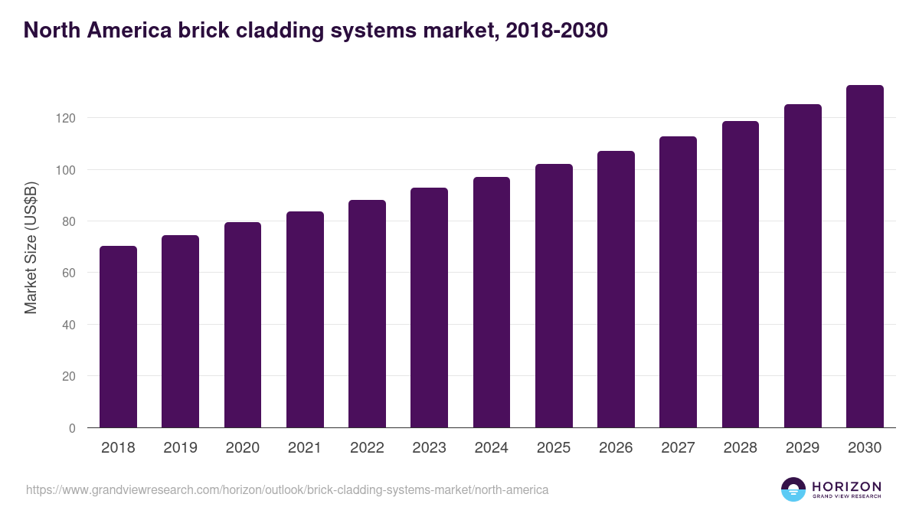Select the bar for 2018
click(118, 337)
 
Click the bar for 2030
click(865, 257)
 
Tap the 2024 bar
click(492, 303)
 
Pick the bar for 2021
click(305, 319)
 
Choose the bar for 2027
click(678, 282)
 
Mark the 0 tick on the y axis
click(72, 428)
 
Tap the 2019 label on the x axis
click(180, 448)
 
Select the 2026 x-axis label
click(616, 448)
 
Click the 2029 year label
click(803, 448)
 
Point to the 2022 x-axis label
click(367, 448)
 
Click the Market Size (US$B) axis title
click(31, 247)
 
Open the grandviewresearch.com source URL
click(287, 489)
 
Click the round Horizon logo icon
click(793, 489)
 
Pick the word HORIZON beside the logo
click(846, 486)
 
